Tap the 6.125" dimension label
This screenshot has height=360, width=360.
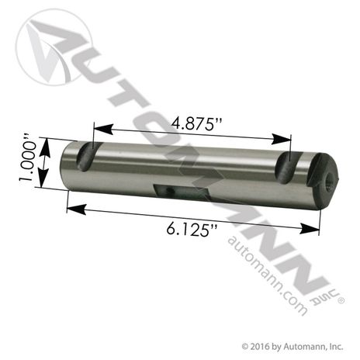tap(192, 229)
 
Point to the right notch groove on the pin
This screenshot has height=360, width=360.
tap(287, 168)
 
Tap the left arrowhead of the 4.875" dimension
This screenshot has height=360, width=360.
tap(103, 129)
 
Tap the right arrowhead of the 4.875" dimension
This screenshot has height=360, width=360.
tap(281, 140)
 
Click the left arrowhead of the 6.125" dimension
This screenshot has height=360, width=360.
tap(77, 209)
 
